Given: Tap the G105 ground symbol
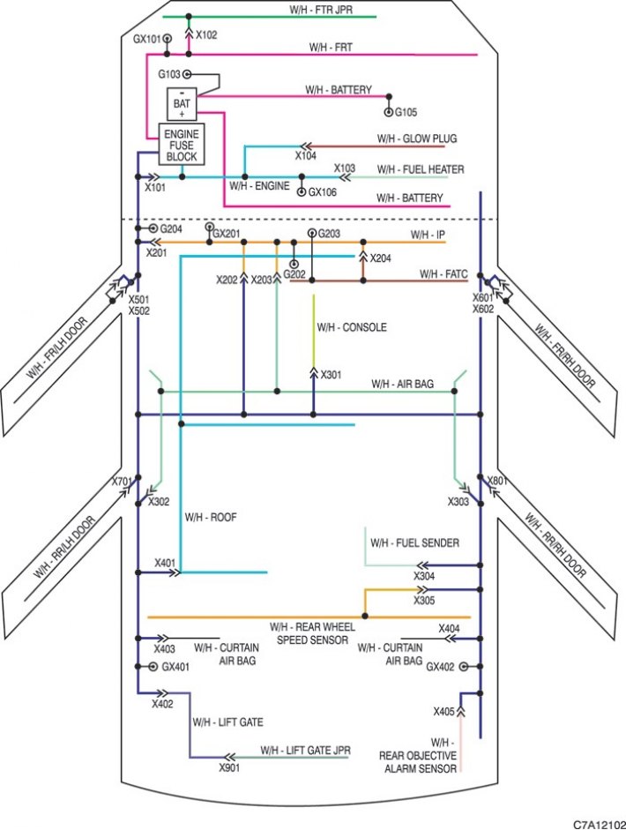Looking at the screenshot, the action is [389, 112].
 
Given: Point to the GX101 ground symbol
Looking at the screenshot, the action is [168, 39].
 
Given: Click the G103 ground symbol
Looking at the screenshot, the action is [186, 75].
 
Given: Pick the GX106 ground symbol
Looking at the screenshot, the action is [302, 191].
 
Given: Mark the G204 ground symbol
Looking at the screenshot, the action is [153, 228].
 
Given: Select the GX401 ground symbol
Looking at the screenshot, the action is [153, 667].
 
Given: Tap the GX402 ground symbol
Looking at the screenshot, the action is [464, 667].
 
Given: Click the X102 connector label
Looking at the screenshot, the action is [206, 35].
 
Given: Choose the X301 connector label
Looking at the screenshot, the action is [331, 375].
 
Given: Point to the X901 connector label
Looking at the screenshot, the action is [229, 767].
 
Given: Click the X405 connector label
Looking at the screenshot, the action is [444, 712].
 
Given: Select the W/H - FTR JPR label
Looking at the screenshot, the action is [321, 10].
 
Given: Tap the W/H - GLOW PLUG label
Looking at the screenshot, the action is [417, 138].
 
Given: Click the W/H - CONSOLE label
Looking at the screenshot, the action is [352, 327].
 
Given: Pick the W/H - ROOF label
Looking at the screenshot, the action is [211, 517].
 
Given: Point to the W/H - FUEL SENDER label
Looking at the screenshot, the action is [415, 542].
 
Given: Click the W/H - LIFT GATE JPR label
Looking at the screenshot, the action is [305, 751].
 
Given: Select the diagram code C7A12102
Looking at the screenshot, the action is [599, 824].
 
